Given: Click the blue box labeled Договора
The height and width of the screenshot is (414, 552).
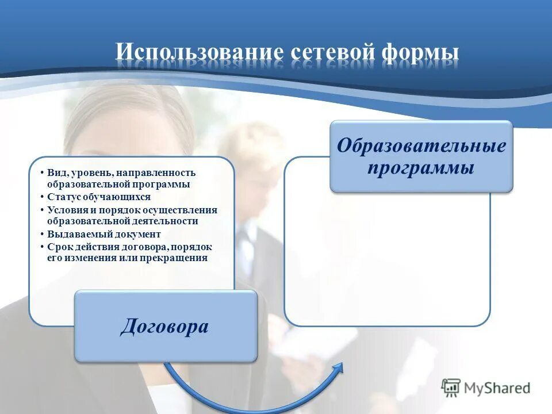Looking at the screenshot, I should pos(166,326).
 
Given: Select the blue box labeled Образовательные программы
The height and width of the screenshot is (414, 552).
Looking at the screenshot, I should pos(421,156).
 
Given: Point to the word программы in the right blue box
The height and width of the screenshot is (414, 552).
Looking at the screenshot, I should pos(421,168).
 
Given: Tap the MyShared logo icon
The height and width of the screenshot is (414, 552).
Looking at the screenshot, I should pos(451,388).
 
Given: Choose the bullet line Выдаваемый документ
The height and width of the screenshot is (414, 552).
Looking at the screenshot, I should pos(104,234).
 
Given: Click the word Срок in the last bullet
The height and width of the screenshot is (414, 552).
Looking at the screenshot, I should pos(59,247).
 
